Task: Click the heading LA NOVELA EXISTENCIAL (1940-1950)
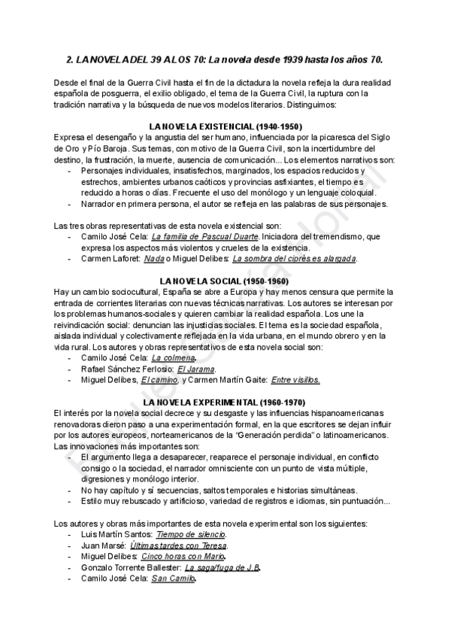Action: [226, 126]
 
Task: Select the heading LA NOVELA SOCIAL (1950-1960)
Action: [226, 281]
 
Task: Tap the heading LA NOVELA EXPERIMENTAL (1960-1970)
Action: [226, 403]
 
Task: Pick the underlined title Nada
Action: [154, 258]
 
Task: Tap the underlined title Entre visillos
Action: [295, 380]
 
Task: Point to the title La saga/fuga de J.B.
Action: [223, 567]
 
